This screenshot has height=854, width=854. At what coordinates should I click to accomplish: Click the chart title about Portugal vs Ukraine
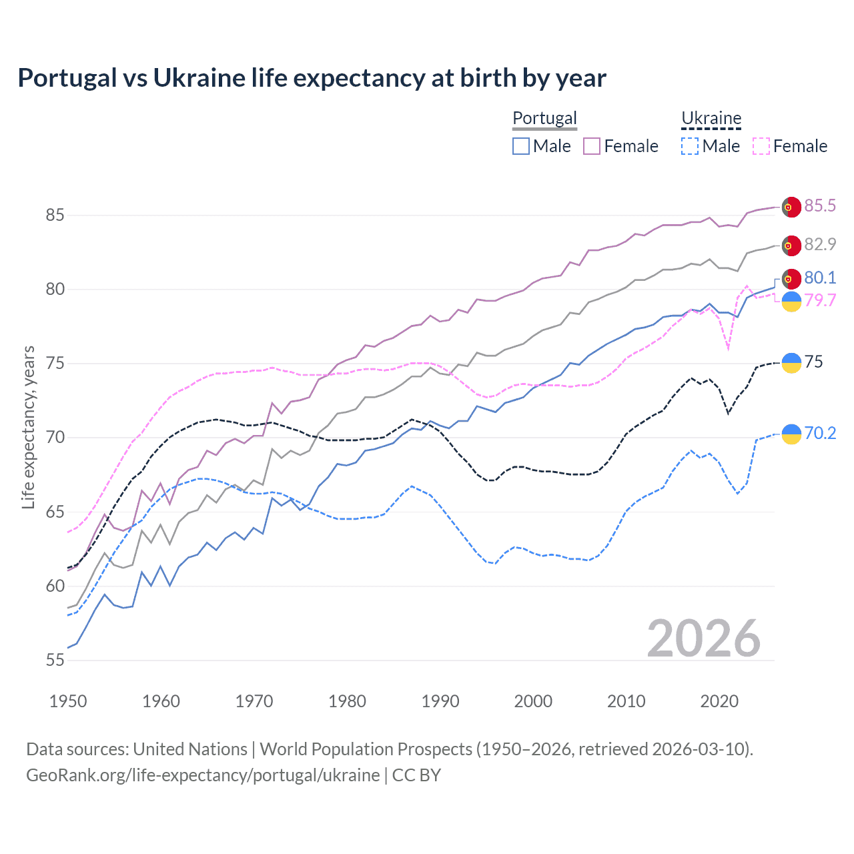tap(312, 78)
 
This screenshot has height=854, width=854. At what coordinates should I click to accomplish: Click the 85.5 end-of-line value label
tap(820, 205)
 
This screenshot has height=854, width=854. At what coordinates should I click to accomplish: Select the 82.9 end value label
tap(820, 244)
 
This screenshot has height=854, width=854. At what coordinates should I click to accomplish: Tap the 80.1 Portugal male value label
tap(820, 278)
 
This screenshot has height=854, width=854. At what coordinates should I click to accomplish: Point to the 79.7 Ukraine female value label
tap(820, 300)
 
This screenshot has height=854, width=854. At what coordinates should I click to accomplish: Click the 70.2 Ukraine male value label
tap(820, 433)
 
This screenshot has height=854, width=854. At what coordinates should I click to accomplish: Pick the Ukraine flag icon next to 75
tap(791, 362)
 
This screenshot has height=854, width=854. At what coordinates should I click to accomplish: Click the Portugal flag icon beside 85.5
tap(791, 207)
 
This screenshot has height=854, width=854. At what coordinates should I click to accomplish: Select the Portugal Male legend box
tap(521, 146)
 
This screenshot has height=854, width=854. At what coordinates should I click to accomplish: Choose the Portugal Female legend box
tap(592, 146)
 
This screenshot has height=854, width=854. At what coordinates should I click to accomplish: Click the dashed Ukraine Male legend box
tap(690, 146)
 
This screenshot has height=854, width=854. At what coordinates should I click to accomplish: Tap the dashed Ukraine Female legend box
tap(761, 146)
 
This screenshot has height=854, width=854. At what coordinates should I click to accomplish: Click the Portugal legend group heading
tap(544, 118)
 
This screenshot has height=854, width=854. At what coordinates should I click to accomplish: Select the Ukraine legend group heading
tap(711, 118)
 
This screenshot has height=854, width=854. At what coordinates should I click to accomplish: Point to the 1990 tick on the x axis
tap(440, 701)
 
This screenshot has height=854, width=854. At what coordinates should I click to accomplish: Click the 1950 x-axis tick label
tap(68, 701)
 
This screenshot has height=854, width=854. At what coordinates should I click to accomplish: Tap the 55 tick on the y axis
tap(55, 660)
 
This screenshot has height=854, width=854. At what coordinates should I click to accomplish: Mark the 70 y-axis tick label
tap(55, 438)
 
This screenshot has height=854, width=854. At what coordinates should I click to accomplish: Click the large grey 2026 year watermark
tap(704, 638)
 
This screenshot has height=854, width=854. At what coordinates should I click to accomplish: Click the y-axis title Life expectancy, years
tap(28, 427)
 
